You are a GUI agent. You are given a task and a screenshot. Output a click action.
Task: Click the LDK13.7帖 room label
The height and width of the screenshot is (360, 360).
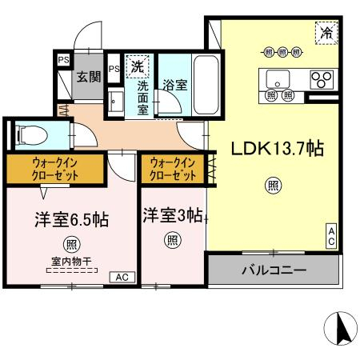278,149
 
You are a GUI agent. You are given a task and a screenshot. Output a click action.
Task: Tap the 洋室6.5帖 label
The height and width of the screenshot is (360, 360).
71,220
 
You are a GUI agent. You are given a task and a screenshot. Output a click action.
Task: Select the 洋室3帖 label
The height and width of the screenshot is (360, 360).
173,215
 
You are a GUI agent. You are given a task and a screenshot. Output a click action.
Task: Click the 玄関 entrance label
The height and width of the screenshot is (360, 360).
89,77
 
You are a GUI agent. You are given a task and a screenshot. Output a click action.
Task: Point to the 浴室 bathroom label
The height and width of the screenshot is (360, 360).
175,85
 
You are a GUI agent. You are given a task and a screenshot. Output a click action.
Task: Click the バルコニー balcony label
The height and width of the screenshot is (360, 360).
274,270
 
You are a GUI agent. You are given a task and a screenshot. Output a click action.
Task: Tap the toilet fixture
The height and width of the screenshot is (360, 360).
31,135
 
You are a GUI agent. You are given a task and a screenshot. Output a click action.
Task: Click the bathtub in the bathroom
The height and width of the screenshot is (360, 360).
206,85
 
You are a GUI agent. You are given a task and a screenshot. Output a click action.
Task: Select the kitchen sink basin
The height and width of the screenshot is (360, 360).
278,79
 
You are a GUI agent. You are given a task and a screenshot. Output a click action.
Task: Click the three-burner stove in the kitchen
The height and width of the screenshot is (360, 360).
322,79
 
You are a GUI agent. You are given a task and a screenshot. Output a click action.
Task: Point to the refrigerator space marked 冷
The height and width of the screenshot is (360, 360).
326,33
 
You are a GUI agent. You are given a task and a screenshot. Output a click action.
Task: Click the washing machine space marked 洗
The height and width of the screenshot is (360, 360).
138,66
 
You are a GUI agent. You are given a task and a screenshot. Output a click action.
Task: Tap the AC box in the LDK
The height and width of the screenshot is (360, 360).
331,236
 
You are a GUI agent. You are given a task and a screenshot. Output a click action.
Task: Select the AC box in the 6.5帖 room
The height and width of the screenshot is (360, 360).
122,278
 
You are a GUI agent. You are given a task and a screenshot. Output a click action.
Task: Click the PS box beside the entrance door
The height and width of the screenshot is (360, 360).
64,60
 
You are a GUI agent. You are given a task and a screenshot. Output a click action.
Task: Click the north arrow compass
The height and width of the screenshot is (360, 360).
341,328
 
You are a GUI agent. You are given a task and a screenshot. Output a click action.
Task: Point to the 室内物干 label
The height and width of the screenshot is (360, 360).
71,262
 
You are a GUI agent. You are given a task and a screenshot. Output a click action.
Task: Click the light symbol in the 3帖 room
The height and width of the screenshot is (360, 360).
173,240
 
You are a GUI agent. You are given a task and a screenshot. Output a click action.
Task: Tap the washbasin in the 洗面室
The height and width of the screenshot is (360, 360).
116,102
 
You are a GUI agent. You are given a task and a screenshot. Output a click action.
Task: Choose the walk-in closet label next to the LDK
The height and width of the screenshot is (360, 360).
173,169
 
